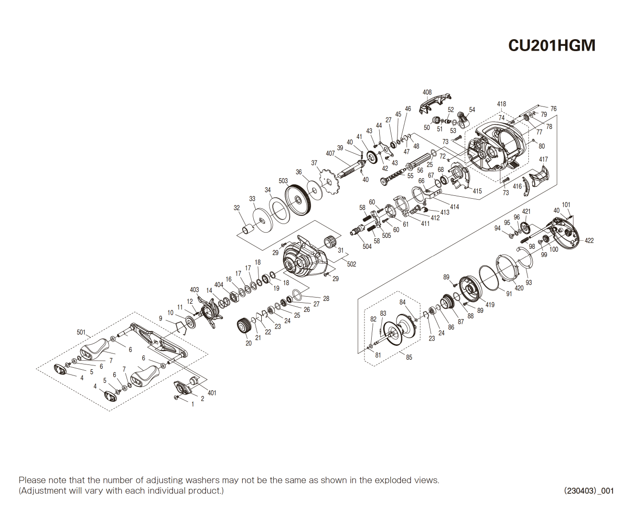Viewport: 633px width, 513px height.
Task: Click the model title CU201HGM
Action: click(x=551, y=45)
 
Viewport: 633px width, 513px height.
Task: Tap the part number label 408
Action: click(x=427, y=92)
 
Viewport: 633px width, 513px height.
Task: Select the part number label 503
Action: click(x=283, y=181)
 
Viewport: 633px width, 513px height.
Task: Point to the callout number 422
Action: click(x=589, y=241)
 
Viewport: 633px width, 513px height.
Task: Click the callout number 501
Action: click(x=81, y=332)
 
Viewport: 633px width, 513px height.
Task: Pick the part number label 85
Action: click(x=409, y=357)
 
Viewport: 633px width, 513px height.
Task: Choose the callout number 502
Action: click(x=352, y=264)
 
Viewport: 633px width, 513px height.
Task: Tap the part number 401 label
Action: click(x=212, y=393)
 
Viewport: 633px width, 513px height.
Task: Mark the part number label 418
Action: click(x=501, y=104)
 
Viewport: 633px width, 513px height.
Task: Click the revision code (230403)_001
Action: click(x=589, y=491)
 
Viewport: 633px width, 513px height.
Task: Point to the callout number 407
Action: click(x=330, y=153)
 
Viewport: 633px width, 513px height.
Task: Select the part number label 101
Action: click(x=566, y=205)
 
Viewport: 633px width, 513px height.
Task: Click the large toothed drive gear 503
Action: click(x=299, y=200)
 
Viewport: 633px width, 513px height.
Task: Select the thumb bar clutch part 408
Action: click(x=434, y=104)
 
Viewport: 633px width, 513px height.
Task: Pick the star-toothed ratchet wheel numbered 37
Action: click(x=328, y=181)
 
